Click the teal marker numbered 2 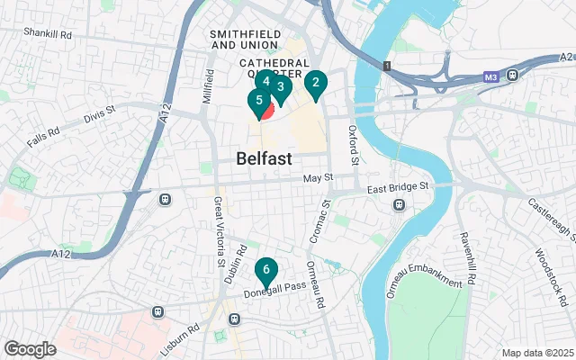(314, 85)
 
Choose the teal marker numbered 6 (265, 269)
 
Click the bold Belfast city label (265, 158)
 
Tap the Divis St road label (100, 112)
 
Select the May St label (318, 178)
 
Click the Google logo (30, 349)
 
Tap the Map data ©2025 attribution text (536, 352)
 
